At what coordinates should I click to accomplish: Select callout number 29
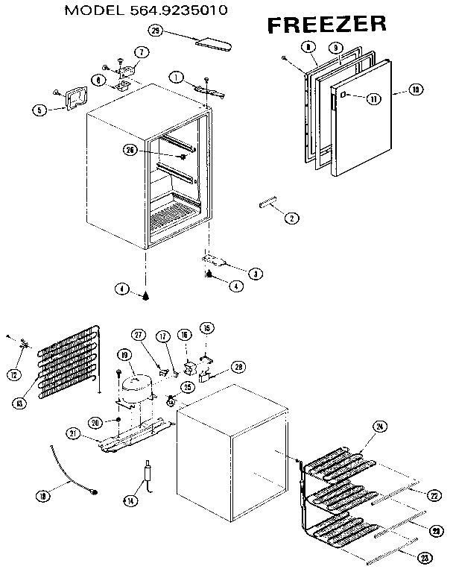click(x=155, y=31)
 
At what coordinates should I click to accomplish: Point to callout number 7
click(x=140, y=51)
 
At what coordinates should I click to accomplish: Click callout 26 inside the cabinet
click(x=132, y=150)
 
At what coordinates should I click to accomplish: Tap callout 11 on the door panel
click(x=374, y=98)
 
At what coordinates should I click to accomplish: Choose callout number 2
click(x=291, y=219)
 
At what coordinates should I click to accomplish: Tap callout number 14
click(x=130, y=500)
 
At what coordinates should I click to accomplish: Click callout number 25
click(x=187, y=387)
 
